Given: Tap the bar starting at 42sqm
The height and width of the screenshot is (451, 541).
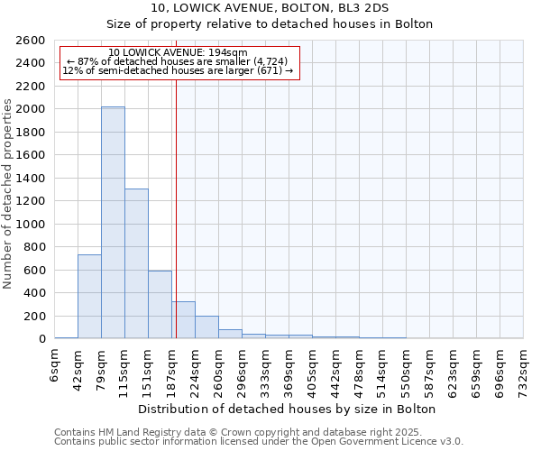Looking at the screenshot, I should click(89, 297).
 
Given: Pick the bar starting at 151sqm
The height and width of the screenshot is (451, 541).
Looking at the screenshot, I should click(160, 305).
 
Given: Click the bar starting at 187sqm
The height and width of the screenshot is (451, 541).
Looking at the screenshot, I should click(183, 320).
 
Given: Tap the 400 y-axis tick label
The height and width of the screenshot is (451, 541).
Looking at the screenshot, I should click(36, 293).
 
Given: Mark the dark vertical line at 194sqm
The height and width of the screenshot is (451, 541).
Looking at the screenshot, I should click(176, 207).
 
